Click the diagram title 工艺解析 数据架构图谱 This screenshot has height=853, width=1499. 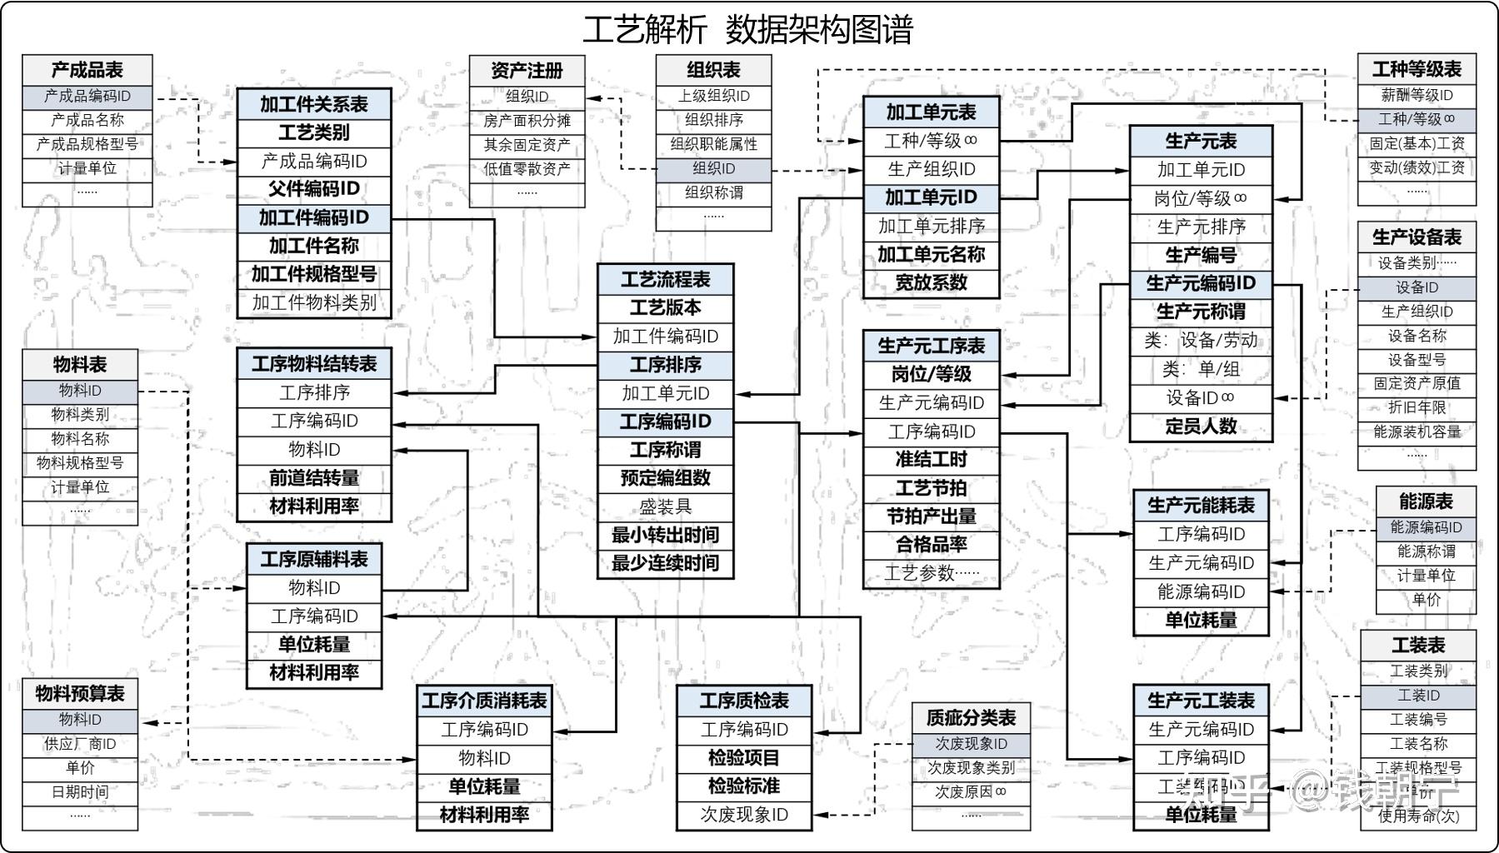tap(747, 30)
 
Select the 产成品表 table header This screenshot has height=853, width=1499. tap(87, 70)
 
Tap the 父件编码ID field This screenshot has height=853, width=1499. tap(313, 189)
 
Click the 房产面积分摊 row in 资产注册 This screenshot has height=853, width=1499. tap(527, 121)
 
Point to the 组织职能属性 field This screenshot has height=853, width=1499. tap(713, 144)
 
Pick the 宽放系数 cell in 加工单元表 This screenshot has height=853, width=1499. tap(931, 283)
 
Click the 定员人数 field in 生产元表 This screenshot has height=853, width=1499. tap(1200, 426)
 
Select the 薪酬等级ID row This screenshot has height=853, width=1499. tap(1416, 95)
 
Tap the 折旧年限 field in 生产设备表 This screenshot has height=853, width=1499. tap(1416, 407)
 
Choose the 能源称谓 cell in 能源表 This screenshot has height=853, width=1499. tap(1425, 551)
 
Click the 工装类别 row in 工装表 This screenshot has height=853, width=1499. tap(1417, 671)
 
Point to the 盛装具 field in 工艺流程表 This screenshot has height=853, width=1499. tap(665, 506)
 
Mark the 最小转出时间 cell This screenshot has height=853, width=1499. tap(665, 535)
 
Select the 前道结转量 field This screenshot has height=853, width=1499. tap(313, 478)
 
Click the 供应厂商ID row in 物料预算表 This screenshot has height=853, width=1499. tap(80, 744)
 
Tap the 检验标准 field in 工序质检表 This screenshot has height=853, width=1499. tap(743, 786)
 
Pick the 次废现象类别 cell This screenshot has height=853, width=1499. tap(971, 768)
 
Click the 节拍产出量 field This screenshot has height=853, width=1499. tap(931, 516)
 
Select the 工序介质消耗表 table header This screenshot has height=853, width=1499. tap(484, 701)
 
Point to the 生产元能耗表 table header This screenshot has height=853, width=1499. tap(1200, 506)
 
